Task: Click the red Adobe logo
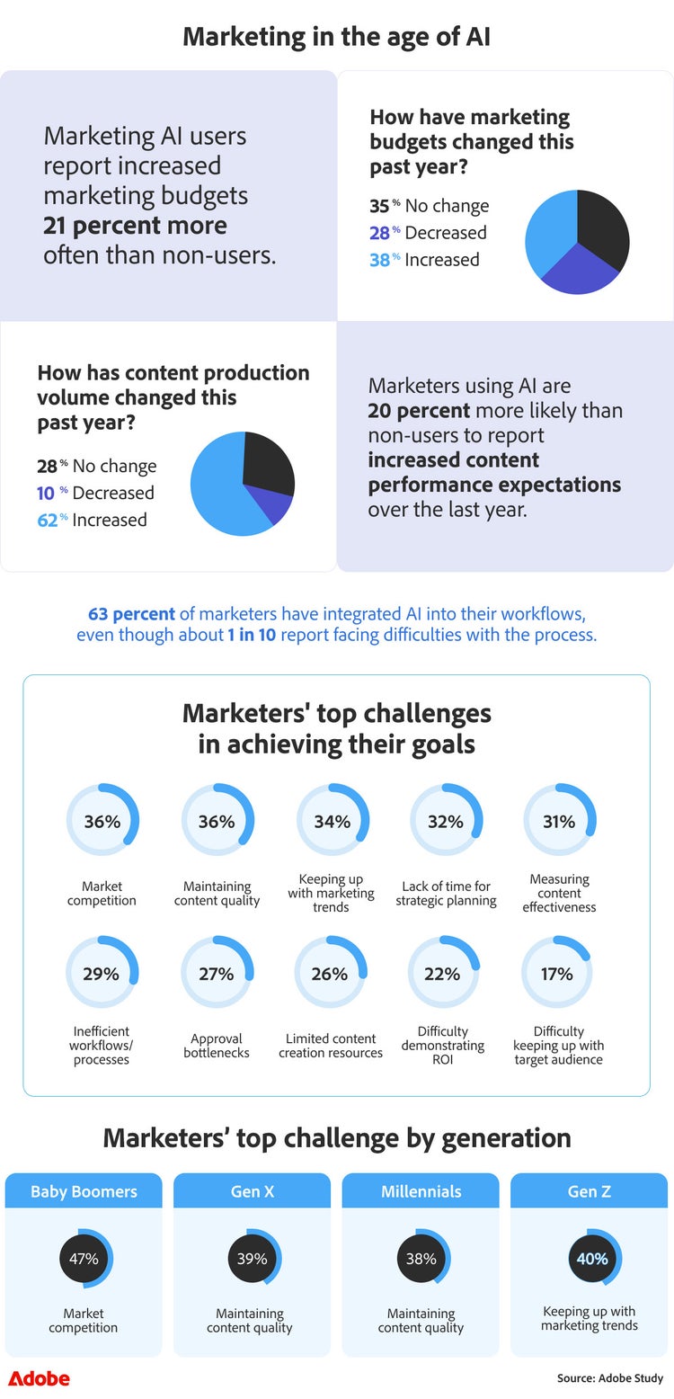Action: coord(39,1378)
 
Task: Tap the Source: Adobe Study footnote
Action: coord(610,1378)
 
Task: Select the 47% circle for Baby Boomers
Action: coord(84,1259)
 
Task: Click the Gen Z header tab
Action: coord(589,1191)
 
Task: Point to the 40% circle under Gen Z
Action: coord(592,1259)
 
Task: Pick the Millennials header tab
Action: coord(421,1191)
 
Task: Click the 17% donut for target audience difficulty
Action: coord(557,974)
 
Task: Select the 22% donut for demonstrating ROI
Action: coord(443,974)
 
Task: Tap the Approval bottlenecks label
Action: coord(217,1045)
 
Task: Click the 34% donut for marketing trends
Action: coord(332,821)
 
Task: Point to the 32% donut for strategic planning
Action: coord(446,821)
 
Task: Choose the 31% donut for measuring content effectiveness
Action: coord(559,821)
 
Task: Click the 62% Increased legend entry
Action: coord(92,520)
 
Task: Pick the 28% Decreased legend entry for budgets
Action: coord(428,233)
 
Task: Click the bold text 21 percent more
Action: coord(135,226)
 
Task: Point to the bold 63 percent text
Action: coord(131,614)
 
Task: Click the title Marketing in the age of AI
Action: coord(337,37)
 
